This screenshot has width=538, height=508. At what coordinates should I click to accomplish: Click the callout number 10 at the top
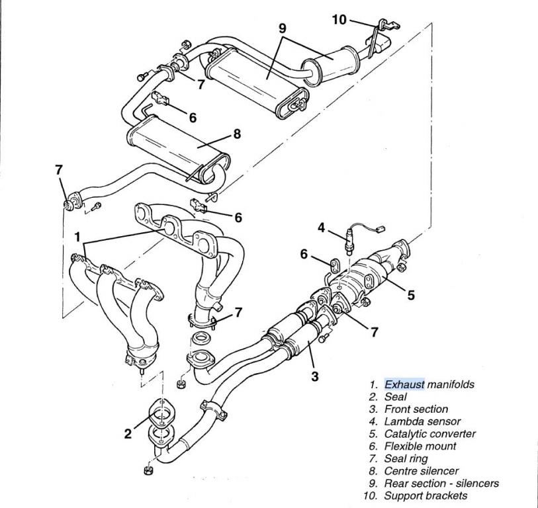click(339, 19)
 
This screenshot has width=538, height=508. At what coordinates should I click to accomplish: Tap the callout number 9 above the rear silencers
click(282, 28)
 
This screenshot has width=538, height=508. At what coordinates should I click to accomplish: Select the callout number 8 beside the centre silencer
click(236, 134)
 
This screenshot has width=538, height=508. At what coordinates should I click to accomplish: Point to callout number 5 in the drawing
click(411, 295)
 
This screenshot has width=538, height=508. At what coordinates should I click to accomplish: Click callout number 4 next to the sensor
click(321, 228)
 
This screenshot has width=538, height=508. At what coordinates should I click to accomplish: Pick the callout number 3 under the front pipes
click(315, 376)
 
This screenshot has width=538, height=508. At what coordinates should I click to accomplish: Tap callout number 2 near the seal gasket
click(128, 434)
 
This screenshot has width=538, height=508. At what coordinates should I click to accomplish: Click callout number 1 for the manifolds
click(77, 236)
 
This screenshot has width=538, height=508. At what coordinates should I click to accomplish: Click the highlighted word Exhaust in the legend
click(404, 384)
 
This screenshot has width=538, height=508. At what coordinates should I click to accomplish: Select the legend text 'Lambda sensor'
click(422, 421)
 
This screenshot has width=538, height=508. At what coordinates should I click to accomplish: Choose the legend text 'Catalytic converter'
click(429, 434)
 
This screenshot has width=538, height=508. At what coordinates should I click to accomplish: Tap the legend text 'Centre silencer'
click(421, 471)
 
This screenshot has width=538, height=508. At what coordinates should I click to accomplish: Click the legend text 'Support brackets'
click(426, 495)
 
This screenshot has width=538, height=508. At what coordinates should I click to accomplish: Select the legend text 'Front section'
click(416, 409)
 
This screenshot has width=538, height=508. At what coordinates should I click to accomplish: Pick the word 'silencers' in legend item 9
click(476, 484)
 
